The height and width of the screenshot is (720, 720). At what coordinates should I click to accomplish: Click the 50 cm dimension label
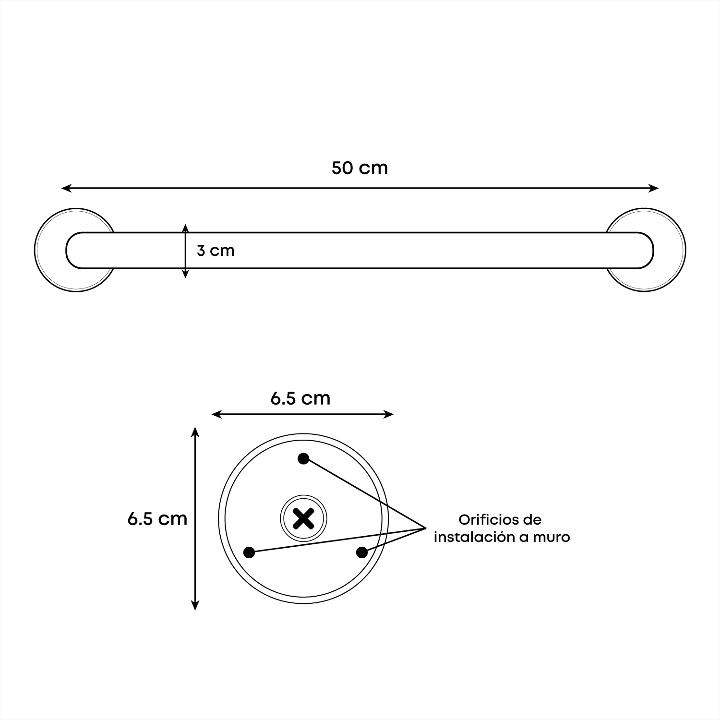[360, 168]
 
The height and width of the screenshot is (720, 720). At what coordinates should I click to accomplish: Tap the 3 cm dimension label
[216, 251]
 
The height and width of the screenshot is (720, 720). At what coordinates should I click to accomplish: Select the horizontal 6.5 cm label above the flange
[300, 398]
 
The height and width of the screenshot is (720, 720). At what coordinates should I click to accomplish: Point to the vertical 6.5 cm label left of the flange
[157, 518]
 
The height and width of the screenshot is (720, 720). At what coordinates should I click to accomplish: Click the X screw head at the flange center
[303, 518]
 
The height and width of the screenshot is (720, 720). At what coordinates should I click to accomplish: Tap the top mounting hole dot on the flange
[303, 459]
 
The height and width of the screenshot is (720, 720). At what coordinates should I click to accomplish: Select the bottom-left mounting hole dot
[249, 552]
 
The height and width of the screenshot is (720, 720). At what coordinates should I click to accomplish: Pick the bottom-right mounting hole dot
[362, 552]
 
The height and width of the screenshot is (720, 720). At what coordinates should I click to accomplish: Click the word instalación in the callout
[474, 537]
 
